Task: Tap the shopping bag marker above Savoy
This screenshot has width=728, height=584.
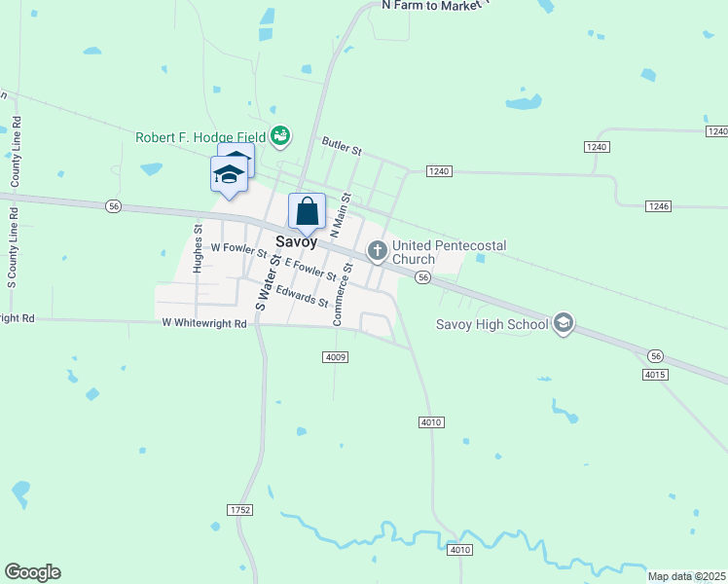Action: pos(307,211)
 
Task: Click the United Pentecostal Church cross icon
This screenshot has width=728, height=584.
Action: pos(377,252)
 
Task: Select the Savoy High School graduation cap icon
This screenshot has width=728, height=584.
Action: pos(563,323)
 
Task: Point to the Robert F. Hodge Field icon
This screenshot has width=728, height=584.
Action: pos(280,135)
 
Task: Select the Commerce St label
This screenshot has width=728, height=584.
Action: pos(342,293)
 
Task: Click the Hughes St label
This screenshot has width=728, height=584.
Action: pos(199,249)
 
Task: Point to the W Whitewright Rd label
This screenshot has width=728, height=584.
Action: pos(204,323)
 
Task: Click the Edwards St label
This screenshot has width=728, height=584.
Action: pos(302,295)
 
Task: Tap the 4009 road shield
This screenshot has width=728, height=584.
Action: pos(335,357)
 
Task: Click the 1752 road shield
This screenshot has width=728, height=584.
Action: pos(239,510)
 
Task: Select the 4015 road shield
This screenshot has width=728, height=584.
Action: pos(655,374)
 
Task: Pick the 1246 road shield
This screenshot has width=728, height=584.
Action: pos(658,206)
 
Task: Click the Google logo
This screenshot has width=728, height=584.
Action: pos(32,572)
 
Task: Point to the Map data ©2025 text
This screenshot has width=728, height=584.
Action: pos(686,576)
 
